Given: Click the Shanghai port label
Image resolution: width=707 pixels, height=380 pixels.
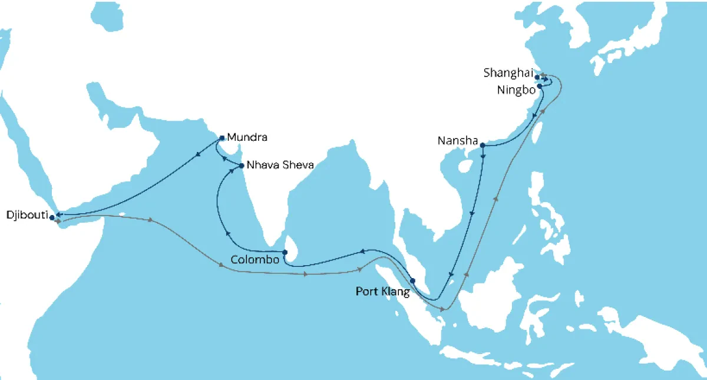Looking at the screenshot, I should [x=508, y=73].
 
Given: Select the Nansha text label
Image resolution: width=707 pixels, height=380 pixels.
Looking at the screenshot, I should [x=457, y=141].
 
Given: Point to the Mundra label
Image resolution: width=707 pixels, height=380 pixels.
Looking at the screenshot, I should [x=247, y=138].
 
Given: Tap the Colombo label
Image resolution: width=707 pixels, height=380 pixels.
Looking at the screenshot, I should [x=255, y=259].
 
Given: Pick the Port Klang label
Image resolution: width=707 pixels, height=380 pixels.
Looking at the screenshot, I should [x=383, y=291].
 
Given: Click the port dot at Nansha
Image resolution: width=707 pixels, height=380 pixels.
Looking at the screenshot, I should [x=483, y=145].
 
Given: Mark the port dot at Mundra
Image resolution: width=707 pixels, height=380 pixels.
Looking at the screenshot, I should [x=222, y=138].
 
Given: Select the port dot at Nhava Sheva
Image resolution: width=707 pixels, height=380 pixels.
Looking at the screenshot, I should [x=242, y=166].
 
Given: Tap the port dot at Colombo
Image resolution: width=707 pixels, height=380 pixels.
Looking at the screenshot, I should [x=285, y=253].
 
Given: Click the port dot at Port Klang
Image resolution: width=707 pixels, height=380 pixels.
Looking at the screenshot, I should [x=412, y=280].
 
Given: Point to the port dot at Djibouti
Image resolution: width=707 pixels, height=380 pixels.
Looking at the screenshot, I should [x=52, y=217].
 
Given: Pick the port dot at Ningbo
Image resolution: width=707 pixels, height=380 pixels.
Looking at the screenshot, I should [x=540, y=86].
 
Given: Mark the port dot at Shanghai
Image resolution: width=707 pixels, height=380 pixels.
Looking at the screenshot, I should [x=537, y=77].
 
